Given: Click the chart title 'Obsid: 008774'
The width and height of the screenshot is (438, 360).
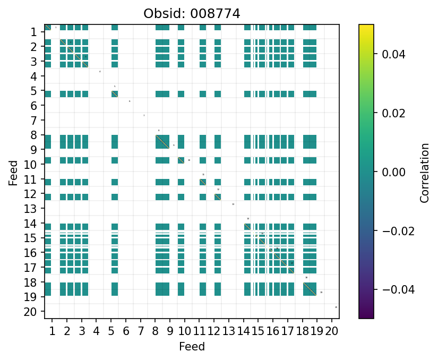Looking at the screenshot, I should point(192,13).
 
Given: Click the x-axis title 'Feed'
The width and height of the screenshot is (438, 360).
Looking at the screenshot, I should point(192,347).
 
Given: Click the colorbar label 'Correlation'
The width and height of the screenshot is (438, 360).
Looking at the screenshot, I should point(424,173).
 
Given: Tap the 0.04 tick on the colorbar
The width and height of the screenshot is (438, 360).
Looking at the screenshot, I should point(390,54).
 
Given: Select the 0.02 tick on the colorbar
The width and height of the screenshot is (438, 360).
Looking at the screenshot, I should point(390,113).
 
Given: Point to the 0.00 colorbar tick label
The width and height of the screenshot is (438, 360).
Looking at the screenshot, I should point(390,172).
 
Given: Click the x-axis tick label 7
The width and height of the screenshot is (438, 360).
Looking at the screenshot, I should point(141,332).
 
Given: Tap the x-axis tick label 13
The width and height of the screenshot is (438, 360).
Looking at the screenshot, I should point(229,332).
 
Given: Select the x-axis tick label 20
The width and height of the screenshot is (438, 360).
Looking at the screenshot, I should point(332,332).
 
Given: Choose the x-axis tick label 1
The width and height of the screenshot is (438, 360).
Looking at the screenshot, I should point(52,332).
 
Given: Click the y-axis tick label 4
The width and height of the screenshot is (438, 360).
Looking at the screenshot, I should point(34,76).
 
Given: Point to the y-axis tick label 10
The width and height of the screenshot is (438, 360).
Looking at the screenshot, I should point(31,165).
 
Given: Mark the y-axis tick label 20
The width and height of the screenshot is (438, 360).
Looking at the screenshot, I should point(31,312).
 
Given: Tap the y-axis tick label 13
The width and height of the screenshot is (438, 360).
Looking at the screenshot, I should point(31,209).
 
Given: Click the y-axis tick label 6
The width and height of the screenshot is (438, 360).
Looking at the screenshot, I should point(34,106).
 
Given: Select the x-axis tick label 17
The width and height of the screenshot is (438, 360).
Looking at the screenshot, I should point(288,332).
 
